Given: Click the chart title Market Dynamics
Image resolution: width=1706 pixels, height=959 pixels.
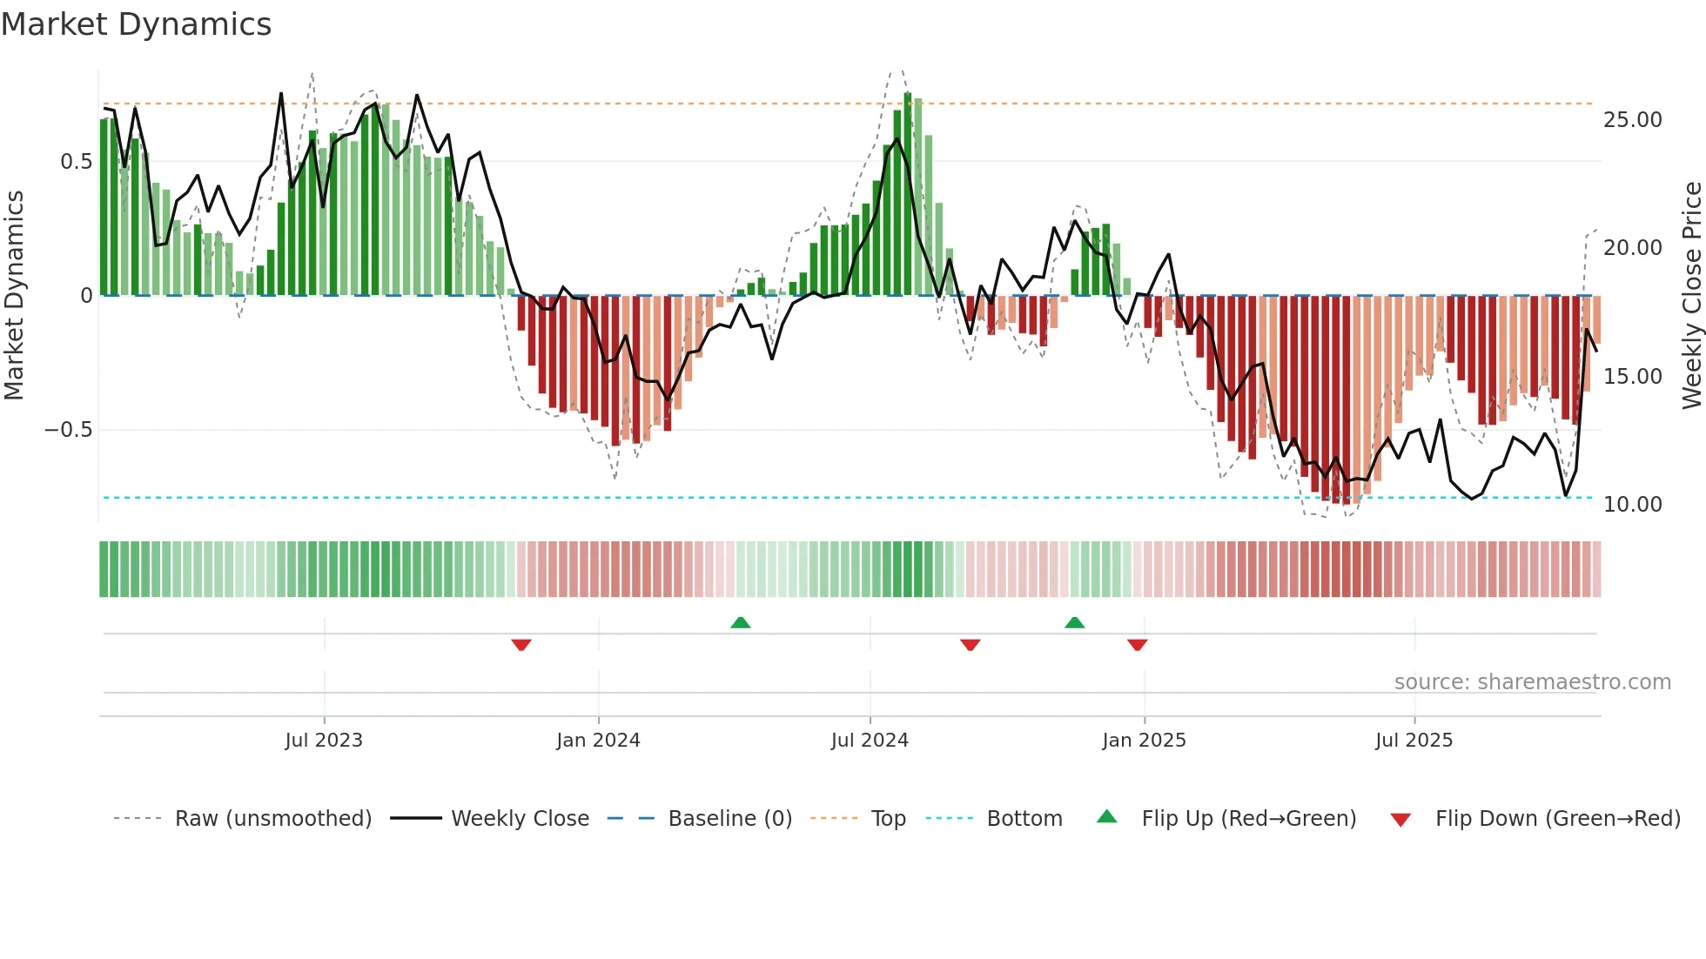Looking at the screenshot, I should [136, 24].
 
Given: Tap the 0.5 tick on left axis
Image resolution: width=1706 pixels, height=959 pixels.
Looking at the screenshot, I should [76, 162].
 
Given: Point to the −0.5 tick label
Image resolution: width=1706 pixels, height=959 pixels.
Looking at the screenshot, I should [68, 430].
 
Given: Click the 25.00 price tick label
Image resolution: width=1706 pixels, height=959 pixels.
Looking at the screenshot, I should [1632, 120].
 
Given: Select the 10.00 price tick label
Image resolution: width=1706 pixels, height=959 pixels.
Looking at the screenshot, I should [1632, 505].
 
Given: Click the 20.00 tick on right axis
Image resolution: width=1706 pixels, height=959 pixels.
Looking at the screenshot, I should [1632, 248].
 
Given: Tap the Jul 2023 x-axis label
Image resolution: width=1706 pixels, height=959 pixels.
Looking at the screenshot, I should [324, 741].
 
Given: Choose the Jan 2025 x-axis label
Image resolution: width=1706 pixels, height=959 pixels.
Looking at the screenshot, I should [1144, 741].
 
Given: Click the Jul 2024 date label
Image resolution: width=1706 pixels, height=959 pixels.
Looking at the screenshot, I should [870, 741].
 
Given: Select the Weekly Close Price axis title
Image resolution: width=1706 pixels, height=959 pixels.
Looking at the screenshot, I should [1691, 296].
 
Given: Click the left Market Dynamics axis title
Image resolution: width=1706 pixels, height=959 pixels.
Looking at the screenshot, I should [14, 296].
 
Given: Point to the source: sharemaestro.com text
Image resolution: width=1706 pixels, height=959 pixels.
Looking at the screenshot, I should [1532, 682].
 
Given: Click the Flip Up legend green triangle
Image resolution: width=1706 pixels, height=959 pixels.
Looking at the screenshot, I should [1106, 817].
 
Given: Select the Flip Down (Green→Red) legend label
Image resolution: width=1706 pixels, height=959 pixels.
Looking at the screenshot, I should [1557, 819].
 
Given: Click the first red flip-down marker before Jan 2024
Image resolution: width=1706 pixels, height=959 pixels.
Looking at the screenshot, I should [521, 645].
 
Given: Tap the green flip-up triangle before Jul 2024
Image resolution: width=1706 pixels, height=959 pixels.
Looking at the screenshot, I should [740, 622].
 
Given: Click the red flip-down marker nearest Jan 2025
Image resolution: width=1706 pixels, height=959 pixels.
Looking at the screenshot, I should [1137, 645].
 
